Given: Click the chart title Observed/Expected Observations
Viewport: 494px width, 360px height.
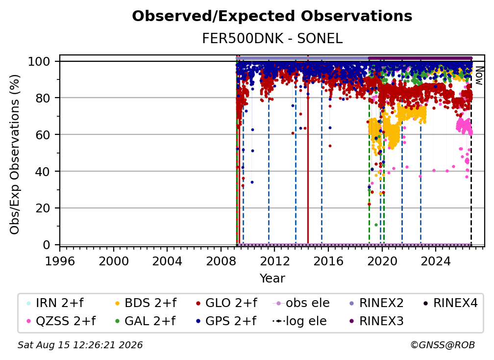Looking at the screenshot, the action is pyautogui.click(x=272, y=16).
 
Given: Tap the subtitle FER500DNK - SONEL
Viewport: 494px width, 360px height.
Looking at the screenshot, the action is pyautogui.click(x=272, y=39).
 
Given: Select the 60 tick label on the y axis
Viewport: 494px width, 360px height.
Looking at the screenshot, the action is pyautogui.click(x=43, y=134).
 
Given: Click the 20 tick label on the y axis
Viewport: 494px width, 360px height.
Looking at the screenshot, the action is pyautogui.click(x=43, y=208).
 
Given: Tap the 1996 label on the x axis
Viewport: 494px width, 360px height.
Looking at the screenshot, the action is pyautogui.click(x=60, y=261).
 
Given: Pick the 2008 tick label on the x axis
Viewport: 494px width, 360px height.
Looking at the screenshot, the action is pyautogui.click(x=221, y=261).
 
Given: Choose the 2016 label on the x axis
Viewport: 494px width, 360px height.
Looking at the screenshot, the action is pyautogui.click(x=328, y=261).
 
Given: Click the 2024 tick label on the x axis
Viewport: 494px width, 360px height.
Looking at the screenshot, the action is pyautogui.click(x=436, y=261).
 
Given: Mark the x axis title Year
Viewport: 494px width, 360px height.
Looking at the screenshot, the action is pyautogui.click(x=272, y=279).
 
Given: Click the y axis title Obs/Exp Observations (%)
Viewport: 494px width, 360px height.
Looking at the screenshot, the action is pyautogui.click(x=15, y=154).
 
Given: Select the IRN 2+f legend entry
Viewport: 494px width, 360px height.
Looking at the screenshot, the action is pyautogui.click(x=55, y=303).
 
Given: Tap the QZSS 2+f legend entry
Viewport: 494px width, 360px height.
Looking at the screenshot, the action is pyautogui.click(x=61, y=321).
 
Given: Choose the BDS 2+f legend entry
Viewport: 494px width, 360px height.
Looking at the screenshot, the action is pyautogui.click(x=146, y=303).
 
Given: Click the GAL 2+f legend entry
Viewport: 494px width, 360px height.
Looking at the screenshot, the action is pyautogui.click(x=146, y=321).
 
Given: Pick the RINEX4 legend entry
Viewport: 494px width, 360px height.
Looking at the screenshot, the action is pyautogui.click(x=450, y=303).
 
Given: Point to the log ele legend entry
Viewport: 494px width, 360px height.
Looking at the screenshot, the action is pyautogui.click(x=299, y=321).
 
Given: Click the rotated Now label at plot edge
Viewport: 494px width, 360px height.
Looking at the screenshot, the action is pyautogui.click(x=479, y=76).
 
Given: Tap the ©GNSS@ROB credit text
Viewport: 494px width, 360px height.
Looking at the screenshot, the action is pyautogui.click(x=443, y=345).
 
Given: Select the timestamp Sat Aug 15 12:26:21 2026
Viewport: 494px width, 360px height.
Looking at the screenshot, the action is pyautogui.click(x=80, y=345).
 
